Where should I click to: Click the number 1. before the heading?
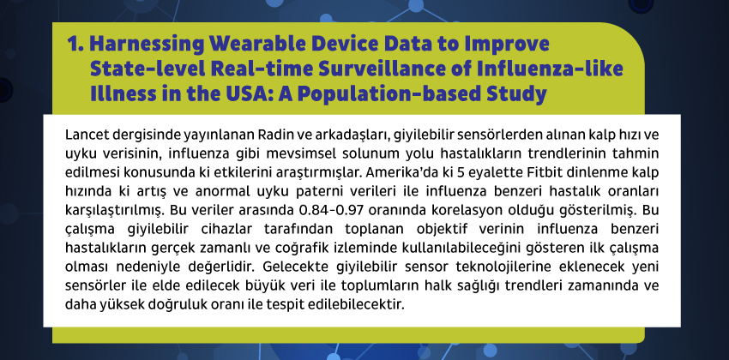pos(75,44)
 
